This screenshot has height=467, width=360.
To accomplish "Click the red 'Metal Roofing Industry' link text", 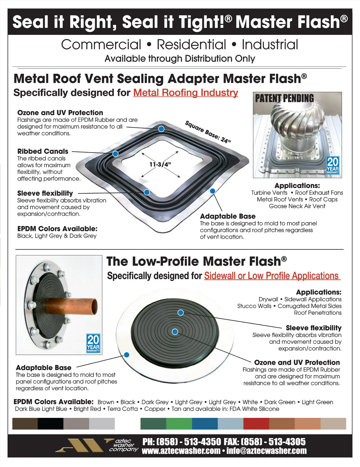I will (x=185, y=93).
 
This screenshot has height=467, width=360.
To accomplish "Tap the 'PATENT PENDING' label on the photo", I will (x=284, y=98).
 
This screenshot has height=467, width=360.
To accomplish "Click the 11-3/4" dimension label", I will (x=160, y=164).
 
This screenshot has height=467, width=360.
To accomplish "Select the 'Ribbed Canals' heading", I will (x=43, y=151).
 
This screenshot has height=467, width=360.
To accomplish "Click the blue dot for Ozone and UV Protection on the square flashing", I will (x=161, y=129).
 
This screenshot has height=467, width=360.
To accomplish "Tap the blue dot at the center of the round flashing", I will (x=175, y=332).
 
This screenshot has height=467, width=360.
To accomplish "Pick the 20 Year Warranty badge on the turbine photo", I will (x=333, y=165).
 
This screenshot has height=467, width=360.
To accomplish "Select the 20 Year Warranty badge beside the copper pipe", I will (x=93, y=344).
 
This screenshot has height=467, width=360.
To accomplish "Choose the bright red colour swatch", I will (x=256, y=424).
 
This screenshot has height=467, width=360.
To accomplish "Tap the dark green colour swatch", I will (x=153, y=424).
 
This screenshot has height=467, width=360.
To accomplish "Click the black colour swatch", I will (x=50, y=424).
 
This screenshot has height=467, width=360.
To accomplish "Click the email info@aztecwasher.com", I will (x=266, y=451).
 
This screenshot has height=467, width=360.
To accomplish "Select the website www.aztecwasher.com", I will (x=181, y=451).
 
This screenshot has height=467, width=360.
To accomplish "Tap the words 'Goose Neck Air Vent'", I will (x=297, y=206).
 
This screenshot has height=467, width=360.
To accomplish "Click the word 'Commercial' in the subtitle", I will (x=101, y=45).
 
